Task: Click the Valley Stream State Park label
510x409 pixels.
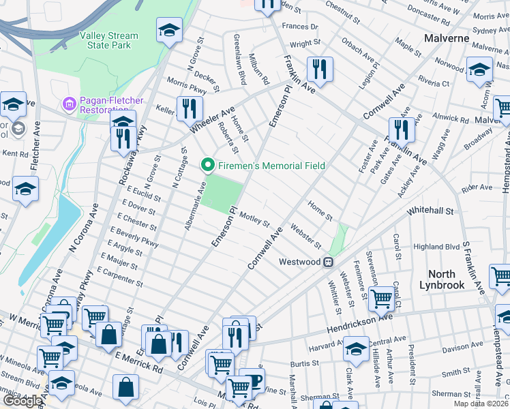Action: pos(108,40)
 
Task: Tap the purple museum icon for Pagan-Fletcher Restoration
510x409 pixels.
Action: pos(69,104)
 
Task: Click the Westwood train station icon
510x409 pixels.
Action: pos(328,262)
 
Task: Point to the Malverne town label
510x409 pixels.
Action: pos(447,37)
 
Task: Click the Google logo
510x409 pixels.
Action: pos(22,401)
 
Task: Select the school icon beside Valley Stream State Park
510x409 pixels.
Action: pos(169,31)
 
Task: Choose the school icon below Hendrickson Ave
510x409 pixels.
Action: pos(356,349)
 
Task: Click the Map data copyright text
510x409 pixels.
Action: pos(481,404)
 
